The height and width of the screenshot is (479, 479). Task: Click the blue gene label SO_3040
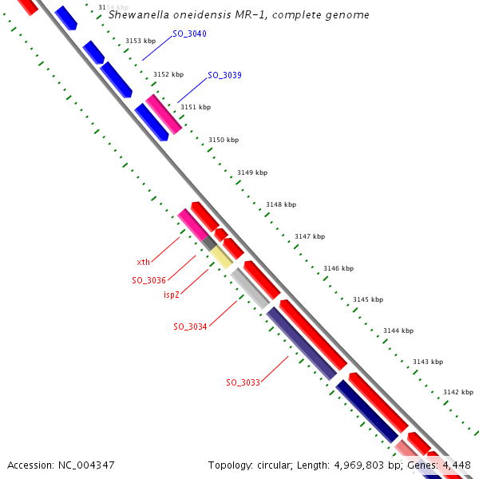[x=189, y=34]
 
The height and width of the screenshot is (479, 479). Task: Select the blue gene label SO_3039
[x=224, y=75]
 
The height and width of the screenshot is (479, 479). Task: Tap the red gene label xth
[x=143, y=262]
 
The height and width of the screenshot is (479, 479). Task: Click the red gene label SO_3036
[x=148, y=280]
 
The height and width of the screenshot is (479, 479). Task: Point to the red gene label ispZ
[x=172, y=295]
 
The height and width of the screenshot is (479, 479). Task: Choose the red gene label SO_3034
[x=190, y=327]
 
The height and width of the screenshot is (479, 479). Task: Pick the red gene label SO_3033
[x=243, y=382]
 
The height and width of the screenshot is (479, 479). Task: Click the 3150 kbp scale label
[x=224, y=140]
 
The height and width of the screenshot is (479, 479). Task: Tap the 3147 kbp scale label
[x=310, y=236]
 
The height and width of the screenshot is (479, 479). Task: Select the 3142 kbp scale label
[x=458, y=392]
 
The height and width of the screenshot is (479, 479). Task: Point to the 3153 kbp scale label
[x=141, y=41]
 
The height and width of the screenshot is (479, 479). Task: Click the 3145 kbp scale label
[x=368, y=299]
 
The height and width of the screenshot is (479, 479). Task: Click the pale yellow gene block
[x=222, y=256]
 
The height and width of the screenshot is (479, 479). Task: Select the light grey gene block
[x=250, y=288]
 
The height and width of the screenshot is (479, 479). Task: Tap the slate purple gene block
[x=301, y=342]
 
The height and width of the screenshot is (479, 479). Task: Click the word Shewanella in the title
[x=138, y=14]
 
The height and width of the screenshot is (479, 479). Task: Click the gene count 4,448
[x=457, y=465]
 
